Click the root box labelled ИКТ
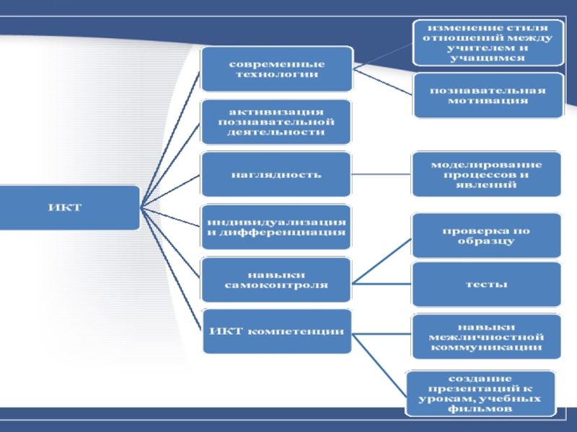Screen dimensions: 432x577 69,208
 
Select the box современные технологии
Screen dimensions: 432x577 277,69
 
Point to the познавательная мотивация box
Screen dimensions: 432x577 488,95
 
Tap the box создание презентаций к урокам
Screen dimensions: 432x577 480,393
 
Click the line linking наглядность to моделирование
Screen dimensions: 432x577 382,174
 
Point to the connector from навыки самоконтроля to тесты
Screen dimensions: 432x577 382,282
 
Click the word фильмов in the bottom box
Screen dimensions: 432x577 480,408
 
